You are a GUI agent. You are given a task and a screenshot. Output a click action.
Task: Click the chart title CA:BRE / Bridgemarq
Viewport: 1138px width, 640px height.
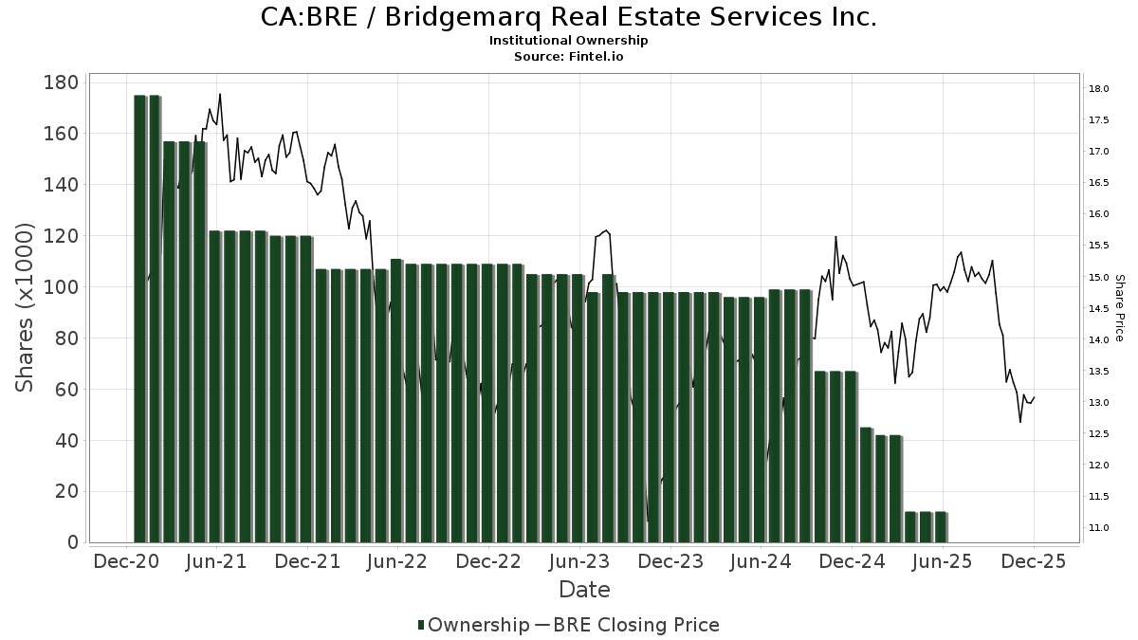point(569,17)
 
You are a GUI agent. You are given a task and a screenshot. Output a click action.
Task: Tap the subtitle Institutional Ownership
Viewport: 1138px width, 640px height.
point(569,41)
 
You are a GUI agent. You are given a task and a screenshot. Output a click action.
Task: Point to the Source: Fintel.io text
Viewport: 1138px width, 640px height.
point(569,57)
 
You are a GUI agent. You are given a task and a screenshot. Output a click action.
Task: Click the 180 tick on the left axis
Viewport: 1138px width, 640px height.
point(60,82)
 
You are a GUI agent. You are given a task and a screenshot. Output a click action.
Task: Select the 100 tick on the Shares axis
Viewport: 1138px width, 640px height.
point(60,287)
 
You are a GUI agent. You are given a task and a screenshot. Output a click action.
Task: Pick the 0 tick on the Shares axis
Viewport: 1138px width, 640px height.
point(72,542)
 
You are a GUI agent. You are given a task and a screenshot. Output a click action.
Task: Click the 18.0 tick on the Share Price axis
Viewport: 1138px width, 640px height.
point(1099,89)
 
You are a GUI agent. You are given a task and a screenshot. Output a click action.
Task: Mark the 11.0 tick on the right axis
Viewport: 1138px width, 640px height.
point(1099,527)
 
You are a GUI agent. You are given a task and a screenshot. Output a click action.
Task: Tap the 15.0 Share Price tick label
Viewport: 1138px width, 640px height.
point(1099,277)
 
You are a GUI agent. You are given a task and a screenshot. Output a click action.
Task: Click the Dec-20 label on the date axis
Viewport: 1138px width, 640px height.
point(126,561)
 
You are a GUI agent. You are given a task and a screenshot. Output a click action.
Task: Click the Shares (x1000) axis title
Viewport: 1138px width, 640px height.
point(26,307)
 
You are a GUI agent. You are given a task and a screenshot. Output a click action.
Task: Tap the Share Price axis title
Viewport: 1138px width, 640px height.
point(1119,307)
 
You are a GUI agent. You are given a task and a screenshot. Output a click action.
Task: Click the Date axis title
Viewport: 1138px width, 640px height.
point(584,590)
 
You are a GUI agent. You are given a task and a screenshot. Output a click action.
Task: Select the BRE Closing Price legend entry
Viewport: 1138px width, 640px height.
point(627,625)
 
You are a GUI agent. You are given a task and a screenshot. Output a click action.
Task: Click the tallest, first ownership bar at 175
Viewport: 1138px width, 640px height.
point(139,318)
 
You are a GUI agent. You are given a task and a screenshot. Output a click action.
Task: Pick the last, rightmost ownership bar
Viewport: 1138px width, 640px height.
point(941,527)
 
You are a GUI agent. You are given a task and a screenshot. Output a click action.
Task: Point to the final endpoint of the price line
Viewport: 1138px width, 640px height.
point(1034,397)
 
